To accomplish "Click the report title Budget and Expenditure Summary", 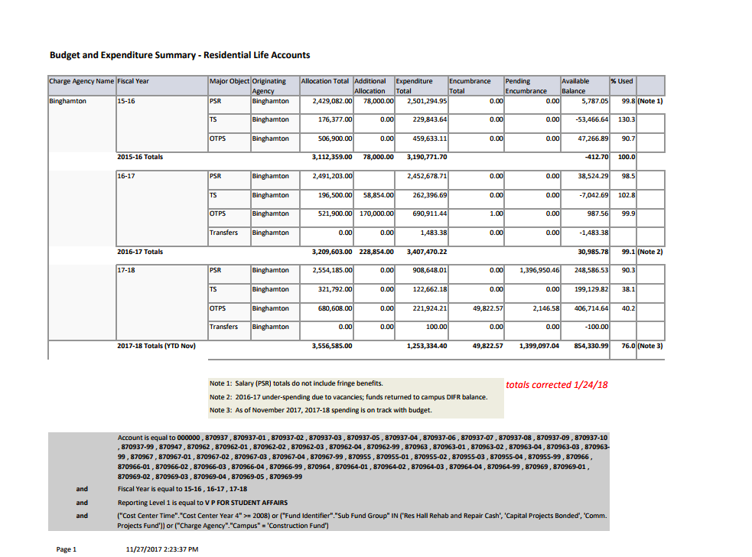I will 180,55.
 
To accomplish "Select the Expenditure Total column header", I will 414,85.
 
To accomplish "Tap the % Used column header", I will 621,81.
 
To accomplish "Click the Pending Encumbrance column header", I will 526,85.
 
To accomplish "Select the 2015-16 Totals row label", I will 140,157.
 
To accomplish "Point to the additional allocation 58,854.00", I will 373,195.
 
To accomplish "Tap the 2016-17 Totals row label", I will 140,252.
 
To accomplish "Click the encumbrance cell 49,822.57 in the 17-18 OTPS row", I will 483,308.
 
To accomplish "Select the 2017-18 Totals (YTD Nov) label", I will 156,346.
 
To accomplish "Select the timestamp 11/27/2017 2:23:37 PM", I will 161,549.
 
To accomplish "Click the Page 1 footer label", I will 67,549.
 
